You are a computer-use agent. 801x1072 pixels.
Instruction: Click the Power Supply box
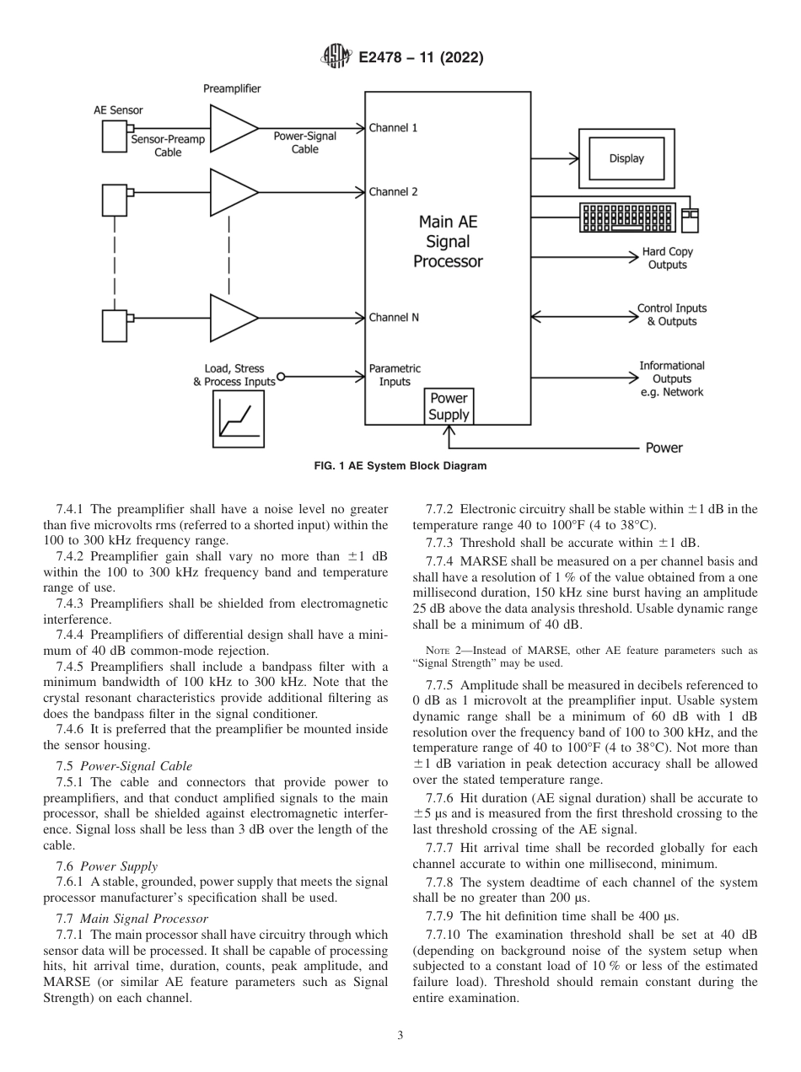pyautogui.click(x=449, y=406)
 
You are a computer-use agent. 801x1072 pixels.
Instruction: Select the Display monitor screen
pyautogui.click(x=626, y=158)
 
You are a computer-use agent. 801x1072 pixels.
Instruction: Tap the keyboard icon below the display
pyautogui.click(x=628, y=218)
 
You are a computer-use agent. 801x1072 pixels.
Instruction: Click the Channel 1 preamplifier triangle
pyautogui.click(x=233, y=128)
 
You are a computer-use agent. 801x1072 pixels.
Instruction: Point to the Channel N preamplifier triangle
pyautogui.click(x=233, y=318)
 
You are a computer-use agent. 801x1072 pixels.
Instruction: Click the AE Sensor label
pyautogui.click(x=118, y=110)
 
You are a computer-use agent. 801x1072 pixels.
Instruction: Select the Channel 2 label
pyautogui.click(x=393, y=192)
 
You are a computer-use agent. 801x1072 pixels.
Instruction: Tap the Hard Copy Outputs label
pyautogui.click(x=667, y=258)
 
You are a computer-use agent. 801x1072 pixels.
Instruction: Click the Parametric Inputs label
pyautogui.click(x=394, y=375)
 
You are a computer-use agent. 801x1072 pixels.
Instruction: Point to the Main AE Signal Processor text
pyautogui.click(x=448, y=242)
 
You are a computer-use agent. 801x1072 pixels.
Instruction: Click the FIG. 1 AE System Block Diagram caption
pyautogui.click(x=400, y=465)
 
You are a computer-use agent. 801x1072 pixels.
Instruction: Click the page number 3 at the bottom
pyautogui.click(x=400, y=1036)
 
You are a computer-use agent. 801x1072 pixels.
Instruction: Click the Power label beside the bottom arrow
pyautogui.click(x=664, y=448)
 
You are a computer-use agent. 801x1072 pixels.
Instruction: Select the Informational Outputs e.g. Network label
pyautogui.click(x=671, y=378)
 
